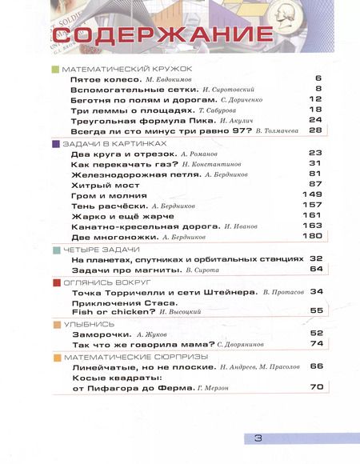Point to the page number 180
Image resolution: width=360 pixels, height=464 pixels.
(x=311, y=237)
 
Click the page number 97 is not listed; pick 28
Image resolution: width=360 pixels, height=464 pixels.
(x=314, y=130)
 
